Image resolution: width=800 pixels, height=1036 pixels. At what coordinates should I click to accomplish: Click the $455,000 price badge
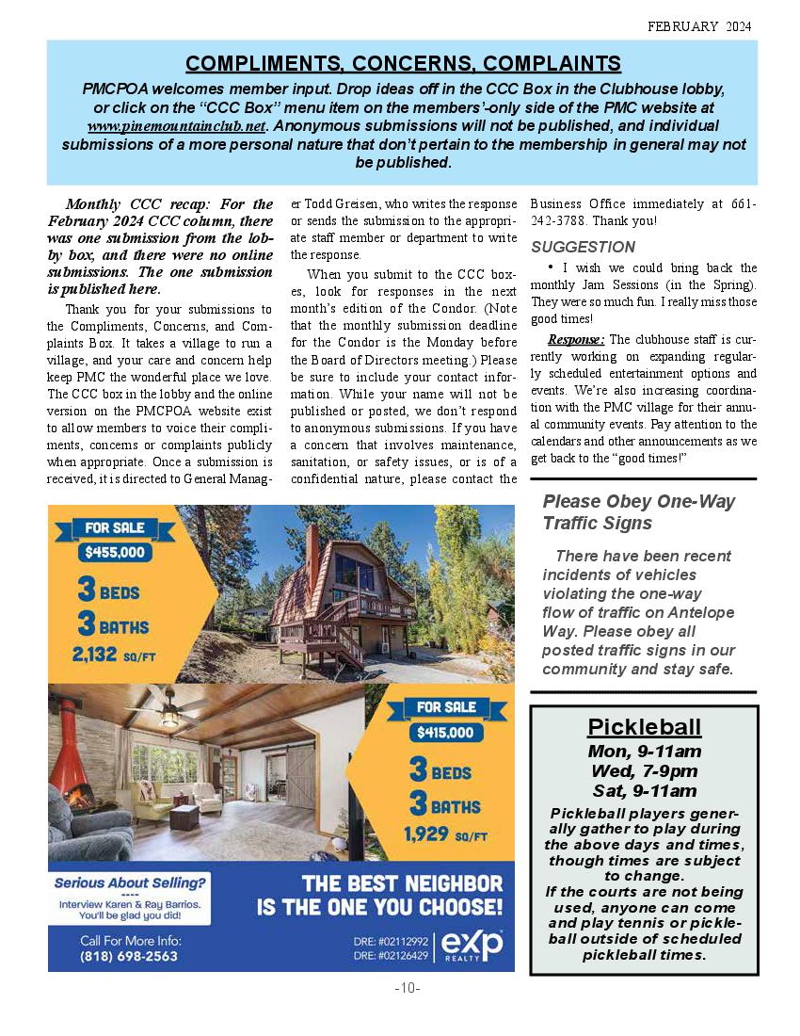115,553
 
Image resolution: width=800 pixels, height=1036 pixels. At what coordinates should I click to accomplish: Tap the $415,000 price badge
447,732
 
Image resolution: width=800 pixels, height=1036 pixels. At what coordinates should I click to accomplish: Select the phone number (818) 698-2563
129,956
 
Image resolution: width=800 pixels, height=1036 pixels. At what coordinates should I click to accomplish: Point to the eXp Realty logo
472,945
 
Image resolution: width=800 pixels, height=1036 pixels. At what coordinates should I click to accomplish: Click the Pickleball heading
645,726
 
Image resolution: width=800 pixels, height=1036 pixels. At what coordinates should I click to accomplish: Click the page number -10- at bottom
407,988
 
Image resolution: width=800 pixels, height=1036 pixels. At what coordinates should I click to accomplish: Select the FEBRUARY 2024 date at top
699,26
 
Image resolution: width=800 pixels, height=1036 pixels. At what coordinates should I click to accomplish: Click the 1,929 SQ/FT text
446,834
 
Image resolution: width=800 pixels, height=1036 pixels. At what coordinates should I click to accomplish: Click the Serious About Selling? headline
129,883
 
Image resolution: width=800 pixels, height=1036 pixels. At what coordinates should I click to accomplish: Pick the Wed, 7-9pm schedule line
645,771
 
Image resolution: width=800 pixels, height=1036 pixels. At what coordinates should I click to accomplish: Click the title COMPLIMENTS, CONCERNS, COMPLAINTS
403,63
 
